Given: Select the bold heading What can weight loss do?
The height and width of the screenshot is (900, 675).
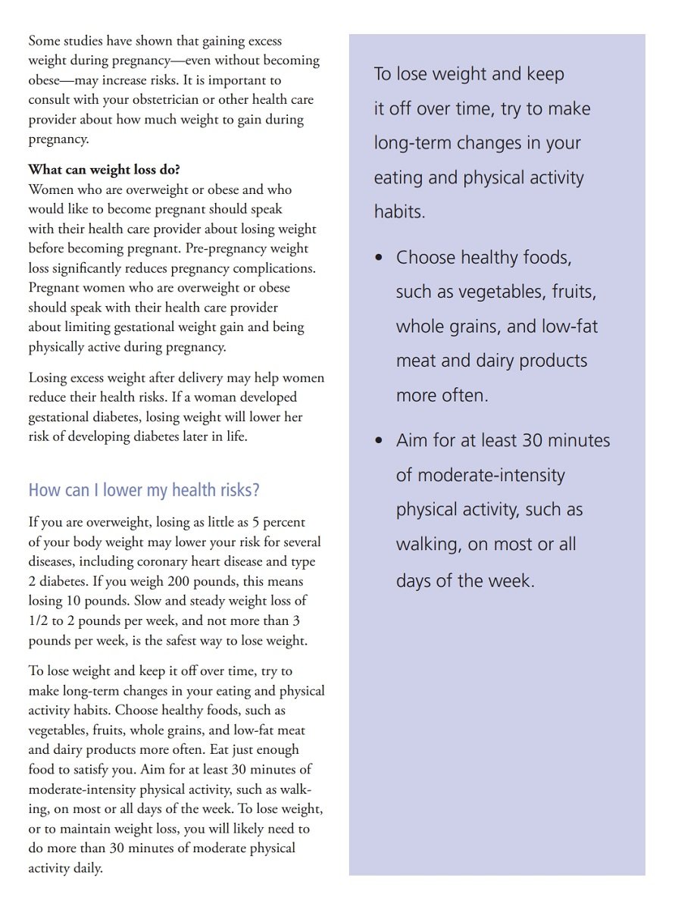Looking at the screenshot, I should pyautogui.click(x=104, y=170).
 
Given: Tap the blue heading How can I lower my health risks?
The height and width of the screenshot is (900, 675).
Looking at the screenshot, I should pyautogui.click(x=144, y=490).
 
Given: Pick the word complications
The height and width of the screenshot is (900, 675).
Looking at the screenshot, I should pyautogui.click(x=277, y=268).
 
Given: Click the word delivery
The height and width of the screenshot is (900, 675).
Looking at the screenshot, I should pyautogui.click(x=220, y=377).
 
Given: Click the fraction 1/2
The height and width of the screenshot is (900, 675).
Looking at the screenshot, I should pyautogui.click(x=38, y=620).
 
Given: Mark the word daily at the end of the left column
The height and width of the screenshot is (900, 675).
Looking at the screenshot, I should pyautogui.click(x=87, y=868).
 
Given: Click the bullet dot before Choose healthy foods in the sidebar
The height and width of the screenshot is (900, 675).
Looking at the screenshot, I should pyautogui.click(x=380, y=258).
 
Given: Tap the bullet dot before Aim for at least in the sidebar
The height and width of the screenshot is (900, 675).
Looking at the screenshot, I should pyautogui.click(x=380, y=441).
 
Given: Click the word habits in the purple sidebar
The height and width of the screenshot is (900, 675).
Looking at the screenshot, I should pyautogui.click(x=399, y=212).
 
